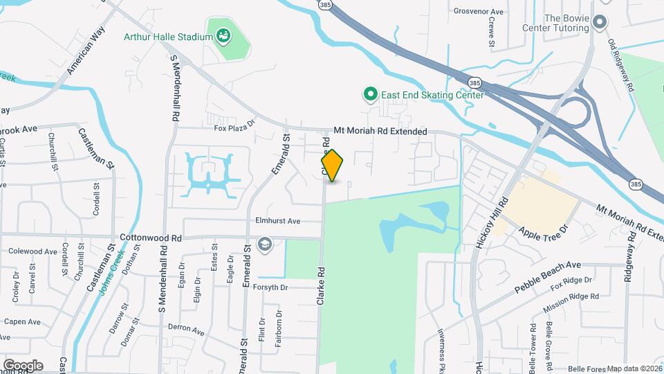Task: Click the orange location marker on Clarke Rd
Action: click(332, 166)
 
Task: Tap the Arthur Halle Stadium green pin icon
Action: click(223, 34)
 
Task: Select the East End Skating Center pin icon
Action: click(370, 93)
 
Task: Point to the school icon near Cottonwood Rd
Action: click(264, 244)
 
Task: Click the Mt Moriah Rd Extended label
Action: click(380, 130)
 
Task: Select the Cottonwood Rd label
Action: click(151, 237)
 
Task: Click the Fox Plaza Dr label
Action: click(234, 127)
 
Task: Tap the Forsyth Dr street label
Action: click(275, 287)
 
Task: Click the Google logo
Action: click(22, 365)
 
